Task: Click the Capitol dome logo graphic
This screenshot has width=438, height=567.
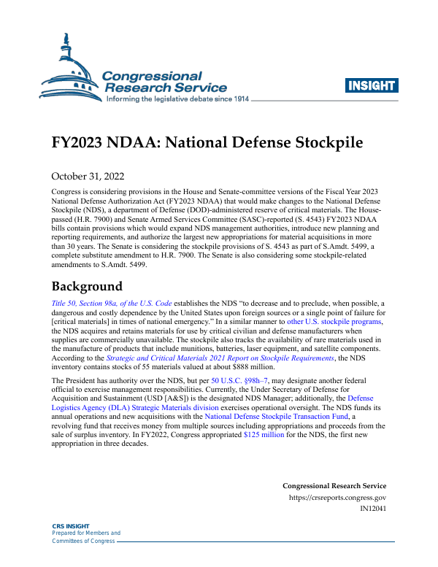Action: pos(69,66)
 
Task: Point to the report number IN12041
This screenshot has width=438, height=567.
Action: pos(373,509)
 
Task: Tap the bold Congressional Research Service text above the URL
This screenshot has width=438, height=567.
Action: pos(334,486)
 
